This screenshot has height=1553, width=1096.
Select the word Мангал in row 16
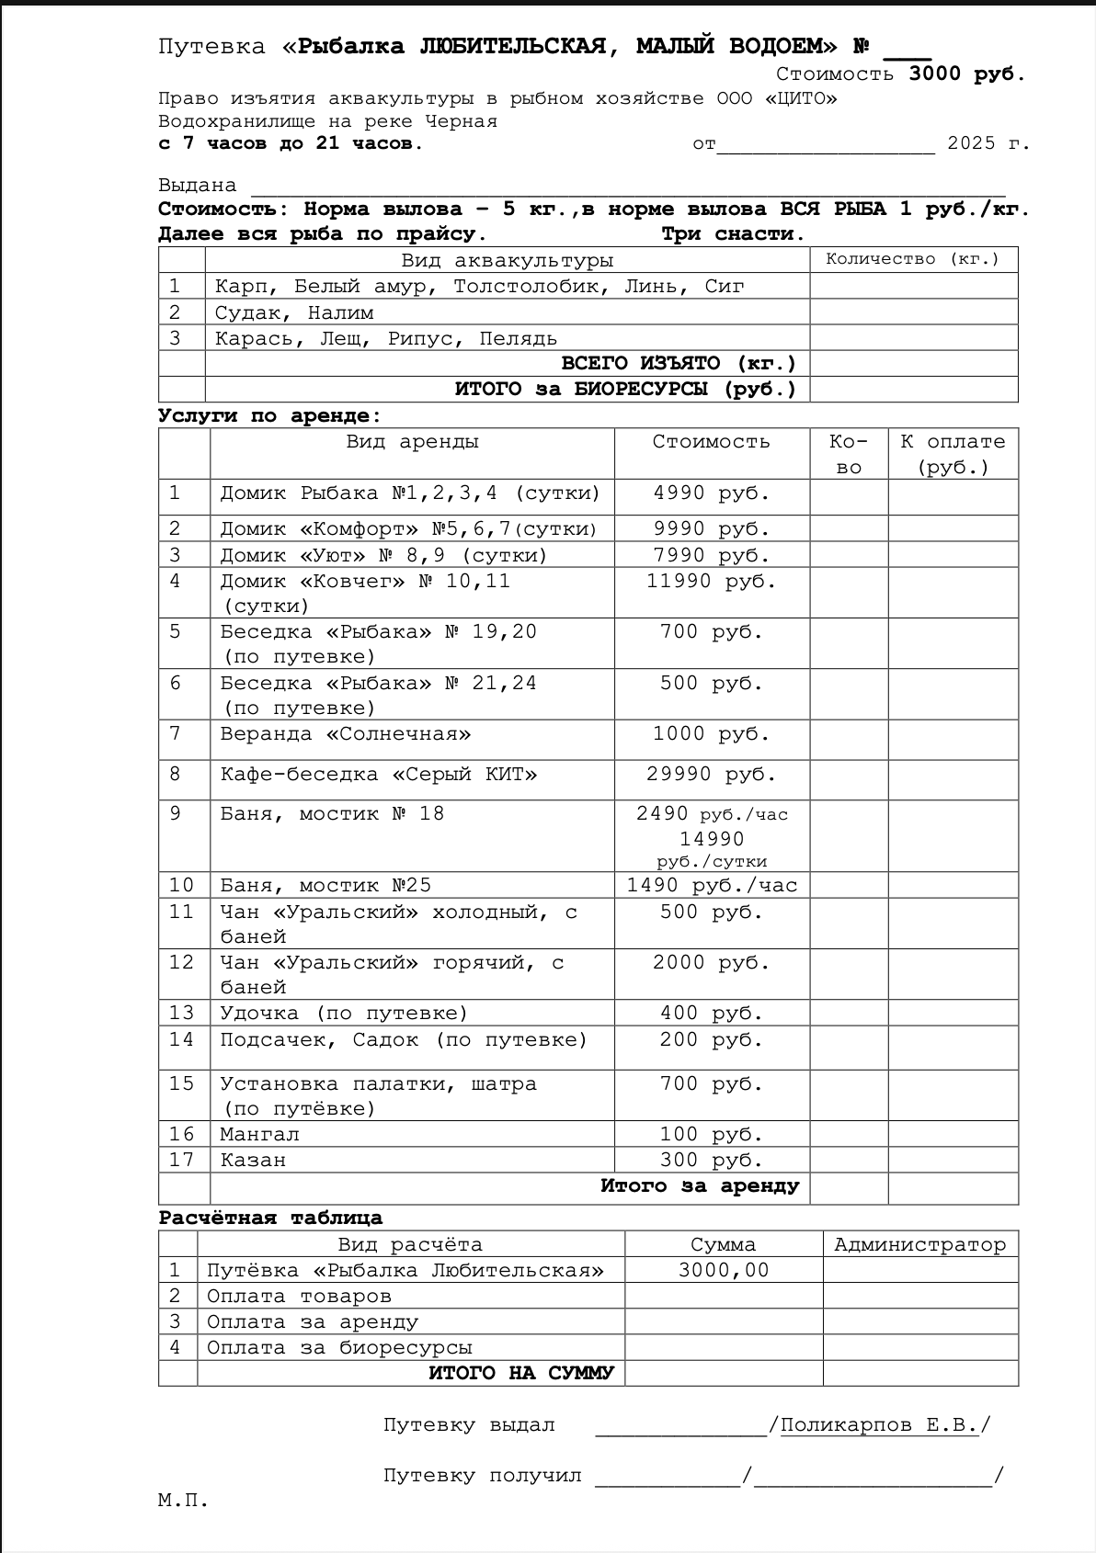(259, 1135)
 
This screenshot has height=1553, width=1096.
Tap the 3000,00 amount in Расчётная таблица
(724, 1271)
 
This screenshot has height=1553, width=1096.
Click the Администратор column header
(919, 1245)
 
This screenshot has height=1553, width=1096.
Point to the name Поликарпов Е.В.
(879, 1425)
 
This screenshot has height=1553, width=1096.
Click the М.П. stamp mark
(183, 1501)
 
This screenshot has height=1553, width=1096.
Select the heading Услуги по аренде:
(269, 415)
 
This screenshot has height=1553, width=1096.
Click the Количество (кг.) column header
(912, 259)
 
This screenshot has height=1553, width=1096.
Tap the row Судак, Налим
(294, 313)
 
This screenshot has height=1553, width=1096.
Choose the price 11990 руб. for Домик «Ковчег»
(711, 582)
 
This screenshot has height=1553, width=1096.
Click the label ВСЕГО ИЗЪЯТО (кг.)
(679, 364)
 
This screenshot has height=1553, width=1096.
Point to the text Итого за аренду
(700, 1186)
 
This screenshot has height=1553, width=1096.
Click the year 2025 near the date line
(972, 143)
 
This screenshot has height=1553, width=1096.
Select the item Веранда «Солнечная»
(345, 734)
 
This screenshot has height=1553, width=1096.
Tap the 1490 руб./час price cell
(712, 886)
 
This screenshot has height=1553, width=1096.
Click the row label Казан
(253, 1161)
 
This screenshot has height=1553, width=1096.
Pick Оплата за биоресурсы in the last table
(339, 1348)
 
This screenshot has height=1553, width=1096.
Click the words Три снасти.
(733, 234)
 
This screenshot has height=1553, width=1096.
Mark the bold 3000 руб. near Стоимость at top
(967, 74)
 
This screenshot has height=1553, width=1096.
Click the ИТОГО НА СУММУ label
(520, 1374)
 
